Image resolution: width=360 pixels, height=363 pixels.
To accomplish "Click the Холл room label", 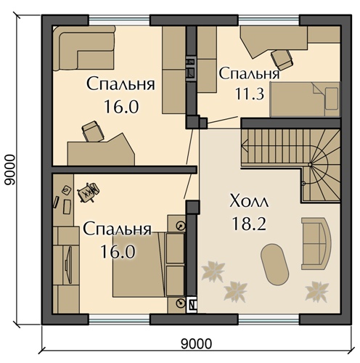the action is tap(249, 200).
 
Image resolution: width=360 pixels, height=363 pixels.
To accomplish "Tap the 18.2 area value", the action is tap(249, 224).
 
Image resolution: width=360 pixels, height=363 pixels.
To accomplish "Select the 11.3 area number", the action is tap(249, 94).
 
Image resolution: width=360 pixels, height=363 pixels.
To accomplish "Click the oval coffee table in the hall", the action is tap(274, 264).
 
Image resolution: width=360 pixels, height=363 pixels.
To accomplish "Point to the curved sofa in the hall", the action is tap(316, 243).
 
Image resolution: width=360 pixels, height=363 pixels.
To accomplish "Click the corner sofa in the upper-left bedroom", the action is tap(83, 49).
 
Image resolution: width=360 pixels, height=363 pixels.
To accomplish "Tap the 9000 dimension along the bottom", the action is tap(196, 343).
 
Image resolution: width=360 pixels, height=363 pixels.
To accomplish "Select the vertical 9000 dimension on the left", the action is tap(10, 170).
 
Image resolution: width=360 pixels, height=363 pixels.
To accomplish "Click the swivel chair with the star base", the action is tap(88, 192).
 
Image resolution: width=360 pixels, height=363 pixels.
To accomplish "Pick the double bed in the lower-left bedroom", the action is tap(138, 264).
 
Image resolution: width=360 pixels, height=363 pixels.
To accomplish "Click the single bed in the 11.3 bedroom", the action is tap(306, 99).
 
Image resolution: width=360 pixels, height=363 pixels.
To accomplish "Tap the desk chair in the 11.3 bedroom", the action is tap(282, 60).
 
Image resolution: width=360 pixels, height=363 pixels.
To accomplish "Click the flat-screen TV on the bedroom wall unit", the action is tap(68, 265).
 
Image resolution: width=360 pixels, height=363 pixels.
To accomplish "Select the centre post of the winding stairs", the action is tap(310, 165).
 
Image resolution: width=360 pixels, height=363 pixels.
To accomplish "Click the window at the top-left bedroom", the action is tap(119, 20).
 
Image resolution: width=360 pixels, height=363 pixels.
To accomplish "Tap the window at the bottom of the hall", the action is tap(269, 319).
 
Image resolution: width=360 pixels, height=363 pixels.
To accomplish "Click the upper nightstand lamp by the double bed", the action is tap(181, 226).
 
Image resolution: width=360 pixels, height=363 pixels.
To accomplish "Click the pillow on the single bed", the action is tap(332, 99).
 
